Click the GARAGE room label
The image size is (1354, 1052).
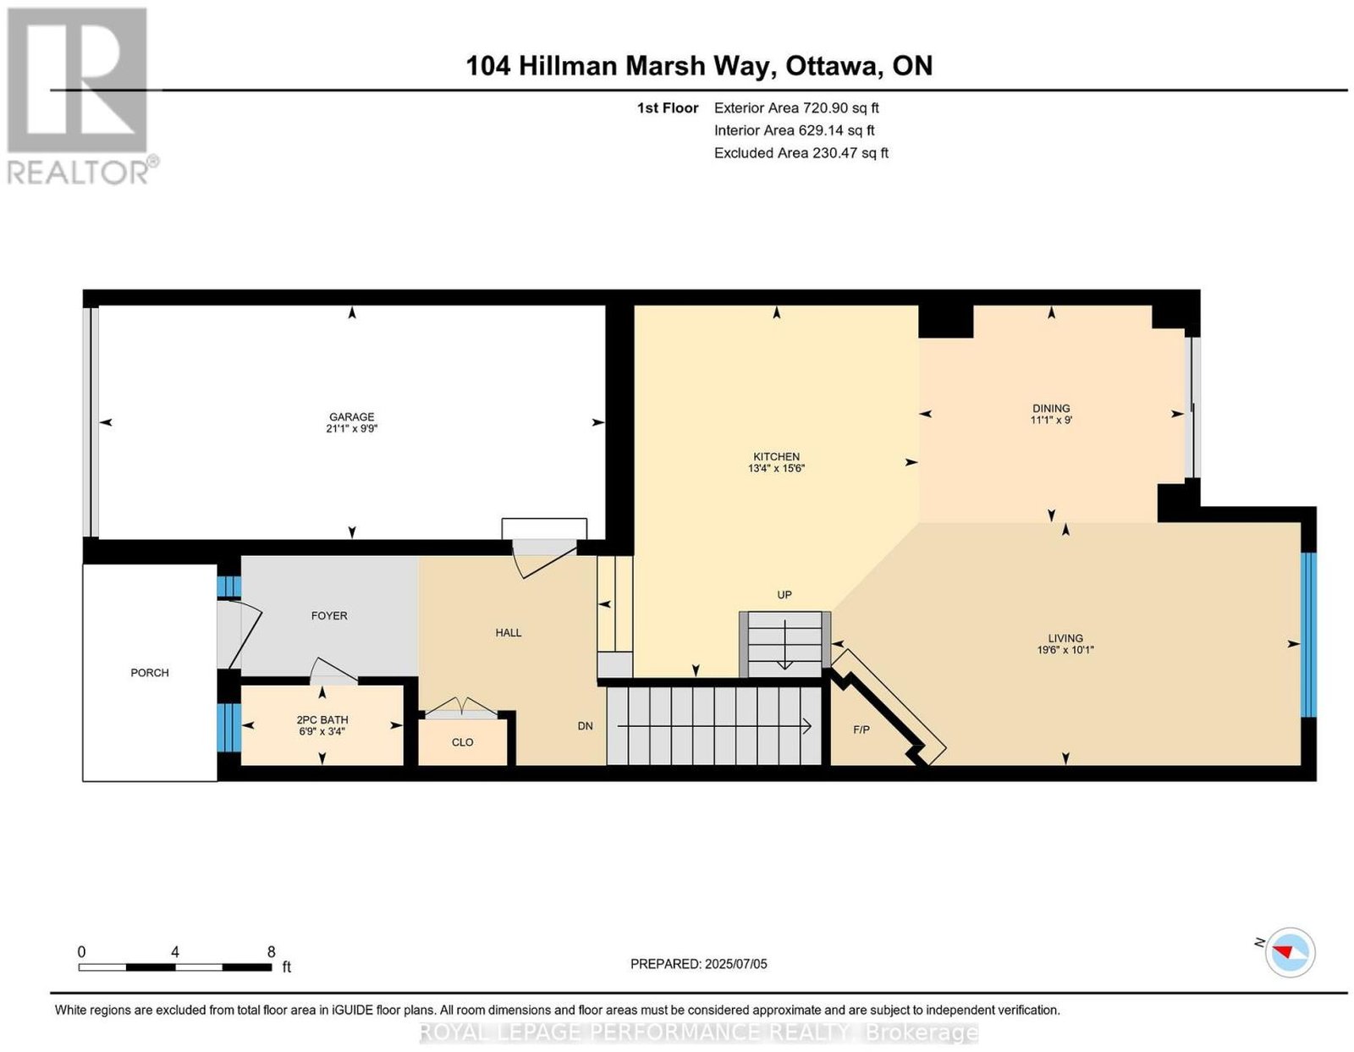351,416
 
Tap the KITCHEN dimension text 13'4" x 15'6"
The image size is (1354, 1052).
776,468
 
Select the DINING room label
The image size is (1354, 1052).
1050,409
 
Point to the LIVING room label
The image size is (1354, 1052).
1065,638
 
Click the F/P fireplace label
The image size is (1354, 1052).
861,730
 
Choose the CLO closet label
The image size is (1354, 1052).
462,742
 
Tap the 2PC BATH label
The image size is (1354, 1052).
322,719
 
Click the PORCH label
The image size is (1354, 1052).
150,673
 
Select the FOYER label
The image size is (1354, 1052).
329,615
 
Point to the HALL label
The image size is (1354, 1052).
508,632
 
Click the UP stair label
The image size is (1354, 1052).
784,595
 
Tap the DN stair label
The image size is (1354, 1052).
585,725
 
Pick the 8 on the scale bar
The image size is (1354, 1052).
271,952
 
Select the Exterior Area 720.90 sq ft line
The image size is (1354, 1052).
795,107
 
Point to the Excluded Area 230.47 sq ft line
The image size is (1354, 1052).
801,152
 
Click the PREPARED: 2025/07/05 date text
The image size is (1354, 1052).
698,964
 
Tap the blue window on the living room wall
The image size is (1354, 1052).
1308,635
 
